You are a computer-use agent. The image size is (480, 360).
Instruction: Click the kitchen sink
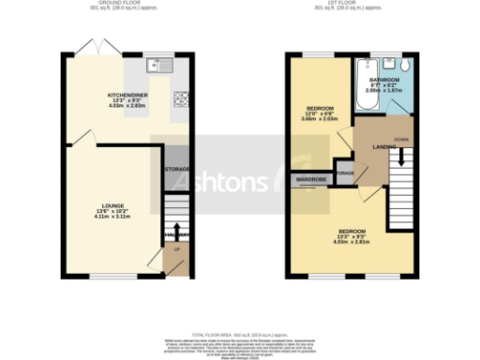(157, 66)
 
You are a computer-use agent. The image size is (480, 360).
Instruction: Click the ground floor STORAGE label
(177, 169)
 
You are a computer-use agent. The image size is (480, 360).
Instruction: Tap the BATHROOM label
(384, 82)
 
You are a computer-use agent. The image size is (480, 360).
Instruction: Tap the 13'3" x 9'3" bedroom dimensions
(352, 237)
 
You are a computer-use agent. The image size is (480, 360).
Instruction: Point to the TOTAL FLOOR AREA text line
(240, 335)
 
